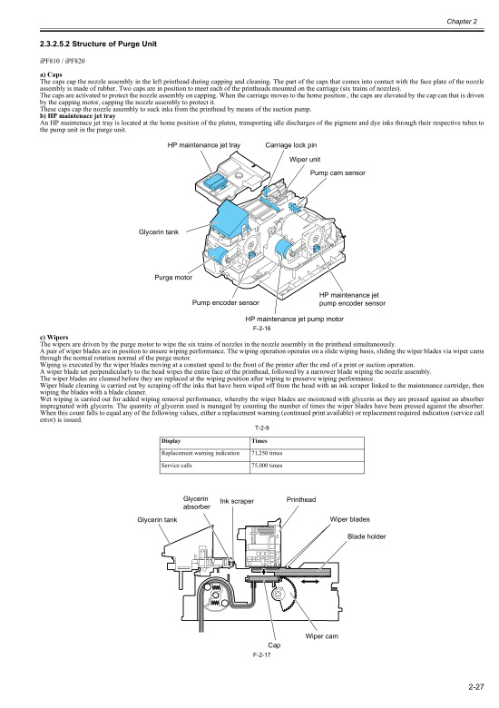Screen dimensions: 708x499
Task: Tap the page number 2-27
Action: pyautogui.click(x=468, y=687)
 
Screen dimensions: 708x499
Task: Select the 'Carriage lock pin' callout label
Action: pyautogui.click(x=290, y=145)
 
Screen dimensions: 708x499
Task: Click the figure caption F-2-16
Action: pyautogui.click(x=264, y=329)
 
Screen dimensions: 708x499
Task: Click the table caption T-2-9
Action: pyautogui.click(x=262, y=426)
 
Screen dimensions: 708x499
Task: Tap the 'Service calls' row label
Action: pyautogui.click(x=179, y=465)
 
